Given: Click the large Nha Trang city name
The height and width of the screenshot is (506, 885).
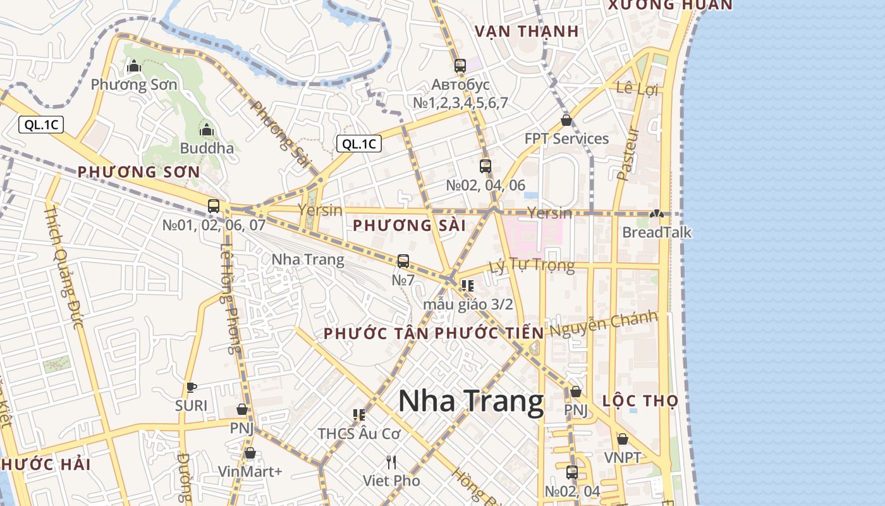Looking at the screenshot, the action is pyautogui.click(x=470, y=402).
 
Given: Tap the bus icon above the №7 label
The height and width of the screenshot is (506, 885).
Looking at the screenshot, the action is pyautogui.click(x=403, y=261).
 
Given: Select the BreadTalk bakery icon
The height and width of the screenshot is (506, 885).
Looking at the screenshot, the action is pyautogui.click(x=657, y=214).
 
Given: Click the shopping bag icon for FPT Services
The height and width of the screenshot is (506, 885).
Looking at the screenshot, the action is pyautogui.click(x=566, y=120).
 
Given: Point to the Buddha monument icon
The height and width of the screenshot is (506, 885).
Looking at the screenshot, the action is pyautogui.click(x=206, y=130).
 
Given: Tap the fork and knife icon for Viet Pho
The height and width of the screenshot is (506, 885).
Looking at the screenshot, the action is pyautogui.click(x=391, y=462).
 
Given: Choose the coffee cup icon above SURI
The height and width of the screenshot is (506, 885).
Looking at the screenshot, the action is pyautogui.click(x=191, y=387).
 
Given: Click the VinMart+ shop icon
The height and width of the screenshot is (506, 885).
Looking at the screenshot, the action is pyautogui.click(x=250, y=453).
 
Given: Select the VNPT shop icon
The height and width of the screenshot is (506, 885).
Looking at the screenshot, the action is pyautogui.click(x=623, y=439).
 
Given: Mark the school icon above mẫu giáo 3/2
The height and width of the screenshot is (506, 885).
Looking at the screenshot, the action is pyautogui.click(x=468, y=285).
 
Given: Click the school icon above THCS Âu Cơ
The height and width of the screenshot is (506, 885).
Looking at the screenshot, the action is pyautogui.click(x=359, y=415).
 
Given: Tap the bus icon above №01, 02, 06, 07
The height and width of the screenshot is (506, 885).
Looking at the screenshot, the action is pyautogui.click(x=214, y=206).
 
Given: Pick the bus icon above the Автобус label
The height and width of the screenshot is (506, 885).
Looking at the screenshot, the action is pyautogui.click(x=460, y=66).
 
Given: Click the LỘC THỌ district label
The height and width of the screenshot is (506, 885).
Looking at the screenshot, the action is pyautogui.click(x=640, y=400).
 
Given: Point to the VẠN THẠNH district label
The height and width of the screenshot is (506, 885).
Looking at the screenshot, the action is pyautogui.click(x=527, y=31).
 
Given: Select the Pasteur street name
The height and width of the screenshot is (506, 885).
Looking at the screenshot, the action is pyautogui.click(x=628, y=154).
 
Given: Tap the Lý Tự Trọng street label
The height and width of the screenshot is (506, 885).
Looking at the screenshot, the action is pyautogui.click(x=532, y=264).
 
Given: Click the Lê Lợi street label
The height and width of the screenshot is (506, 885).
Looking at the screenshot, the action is pyautogui.click(x=637, y=89).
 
